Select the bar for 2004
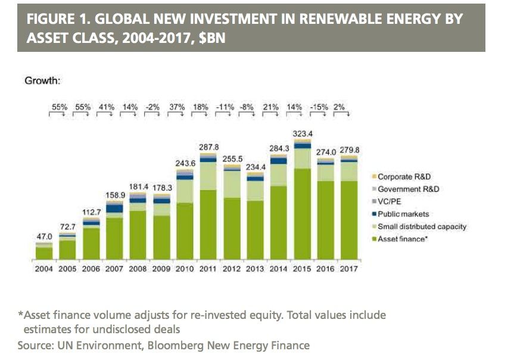tap(44, 253)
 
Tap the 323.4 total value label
tap(303, 132)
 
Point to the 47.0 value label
tap(44, 237)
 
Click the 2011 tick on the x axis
tap(208, 269)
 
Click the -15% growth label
tap(326, 107)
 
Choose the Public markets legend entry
tap(403, 214)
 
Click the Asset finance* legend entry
tap(403, 239)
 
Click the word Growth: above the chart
tap(42, 80)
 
